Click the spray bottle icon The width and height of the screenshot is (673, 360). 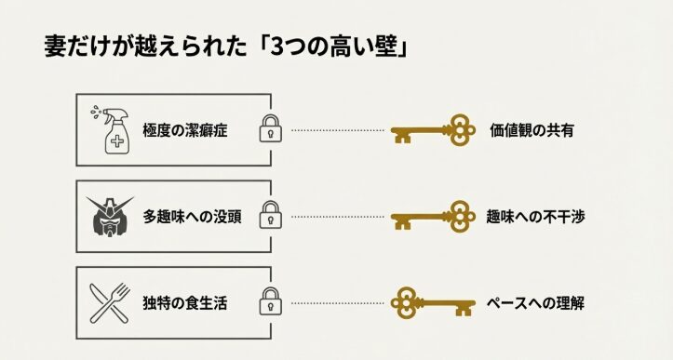click(x=111, y=129)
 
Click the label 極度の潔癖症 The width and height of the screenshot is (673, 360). click(x=186, y=131)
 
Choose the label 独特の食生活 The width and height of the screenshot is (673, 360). click(x=186, y=302)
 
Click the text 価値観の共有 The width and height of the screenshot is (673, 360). click(x=532, y=131)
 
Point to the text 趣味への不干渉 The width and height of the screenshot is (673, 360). click(x=535, y=217)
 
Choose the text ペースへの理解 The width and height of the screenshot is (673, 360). click(x=535, y=302)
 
